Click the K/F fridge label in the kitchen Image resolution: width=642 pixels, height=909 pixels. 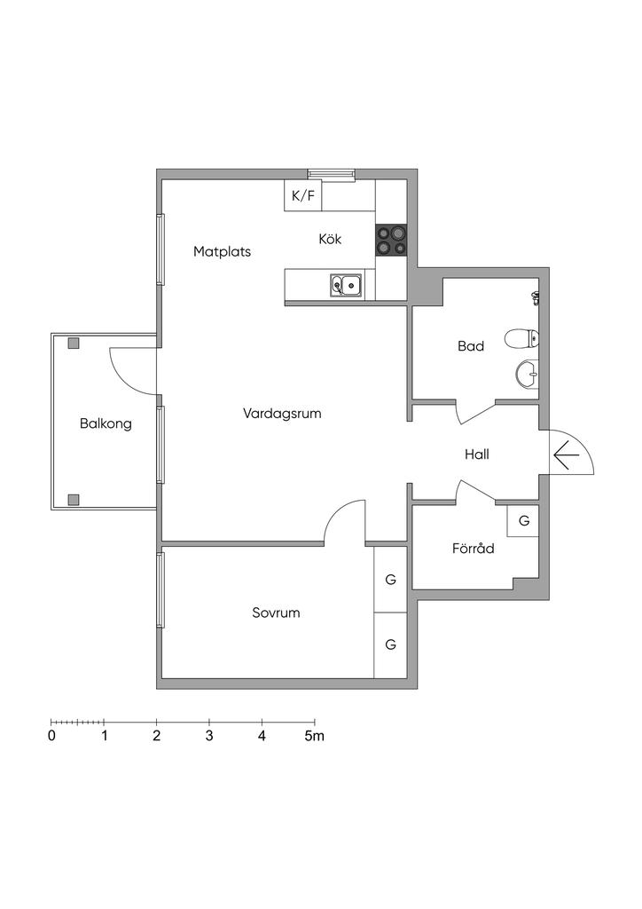[303, 195]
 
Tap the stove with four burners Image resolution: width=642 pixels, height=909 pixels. [391, 240]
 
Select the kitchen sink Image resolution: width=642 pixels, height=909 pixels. [346, 285]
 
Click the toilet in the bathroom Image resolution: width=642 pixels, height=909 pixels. [521, 338]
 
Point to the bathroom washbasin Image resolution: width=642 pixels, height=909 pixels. [527, 374]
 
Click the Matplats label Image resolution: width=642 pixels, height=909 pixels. [222, 251]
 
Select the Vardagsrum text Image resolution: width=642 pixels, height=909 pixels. [281, 413]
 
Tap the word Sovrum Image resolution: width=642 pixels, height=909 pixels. [276, 613]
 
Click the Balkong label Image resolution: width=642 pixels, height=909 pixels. [106, 423]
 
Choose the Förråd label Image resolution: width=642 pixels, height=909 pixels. [473, 549]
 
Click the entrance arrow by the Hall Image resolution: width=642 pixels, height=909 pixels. [566, 455]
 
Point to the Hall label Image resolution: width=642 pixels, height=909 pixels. [477, 454]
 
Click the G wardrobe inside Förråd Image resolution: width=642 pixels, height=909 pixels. [524, 521]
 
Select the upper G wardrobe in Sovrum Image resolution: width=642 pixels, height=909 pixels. [390, 580]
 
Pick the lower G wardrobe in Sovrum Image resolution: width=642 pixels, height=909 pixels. [390, 644]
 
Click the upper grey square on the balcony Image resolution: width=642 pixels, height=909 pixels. [74, 344]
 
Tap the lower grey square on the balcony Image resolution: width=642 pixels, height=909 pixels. [74, 499]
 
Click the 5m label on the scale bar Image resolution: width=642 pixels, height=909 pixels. [315, 736]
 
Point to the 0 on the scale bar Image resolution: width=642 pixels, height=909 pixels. [51, 736]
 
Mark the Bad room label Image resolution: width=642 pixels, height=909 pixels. [471, 346]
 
